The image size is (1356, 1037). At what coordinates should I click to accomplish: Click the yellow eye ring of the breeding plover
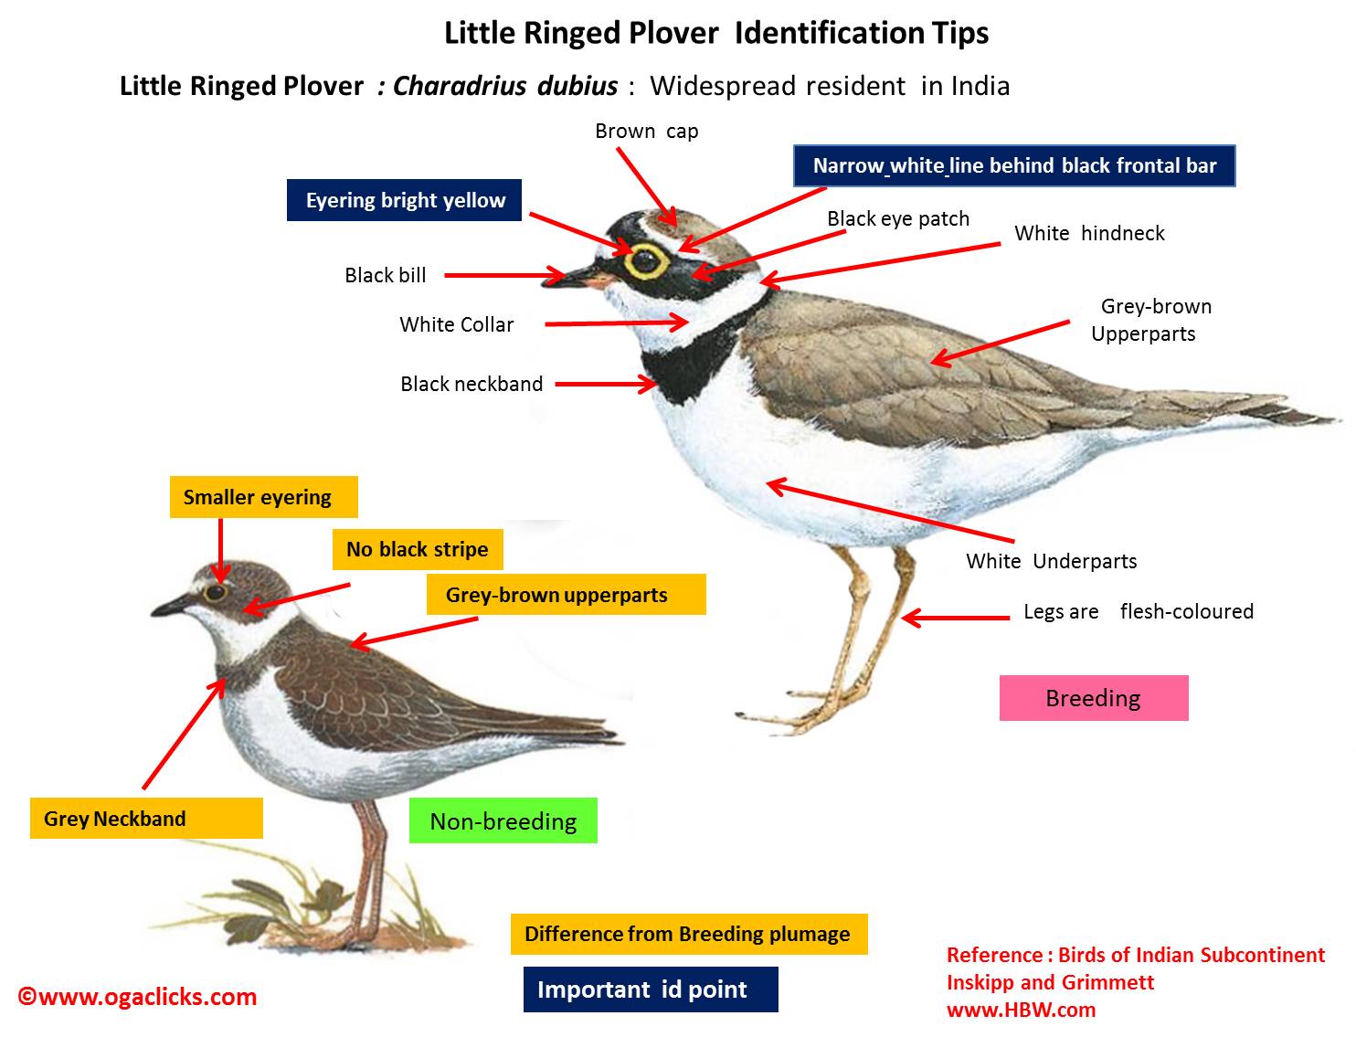pos(646,260)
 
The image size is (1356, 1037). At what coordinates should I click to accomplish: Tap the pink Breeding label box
pos(1093,699)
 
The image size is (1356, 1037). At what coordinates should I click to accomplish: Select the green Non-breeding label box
pos(503,821)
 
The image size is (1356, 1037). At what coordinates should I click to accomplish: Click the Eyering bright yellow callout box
pos(404,201)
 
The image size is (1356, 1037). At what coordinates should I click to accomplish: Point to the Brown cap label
pos(646,132)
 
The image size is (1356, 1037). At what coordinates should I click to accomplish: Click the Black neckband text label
pos(471,385)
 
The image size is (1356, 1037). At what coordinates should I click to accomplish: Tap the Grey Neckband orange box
pos(146,819)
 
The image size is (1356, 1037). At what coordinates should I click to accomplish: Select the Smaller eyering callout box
pos(263,498)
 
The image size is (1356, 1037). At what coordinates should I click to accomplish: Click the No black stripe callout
pos(417,550)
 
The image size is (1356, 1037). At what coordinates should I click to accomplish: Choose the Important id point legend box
pos(650,989)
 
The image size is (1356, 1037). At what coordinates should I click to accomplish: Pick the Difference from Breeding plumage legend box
pos(688,935)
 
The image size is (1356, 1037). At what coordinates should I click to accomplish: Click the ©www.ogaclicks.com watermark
pos(138,997)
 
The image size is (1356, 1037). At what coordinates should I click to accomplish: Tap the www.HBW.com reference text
pos(1021,1010)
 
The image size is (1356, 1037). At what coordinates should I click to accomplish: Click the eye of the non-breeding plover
pos(216,592)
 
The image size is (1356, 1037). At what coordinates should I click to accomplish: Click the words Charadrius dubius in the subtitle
pos(505,87)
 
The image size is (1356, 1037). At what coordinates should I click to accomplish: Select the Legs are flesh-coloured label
pos(1138,612)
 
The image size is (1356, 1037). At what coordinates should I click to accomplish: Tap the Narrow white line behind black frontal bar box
pos(1014,166)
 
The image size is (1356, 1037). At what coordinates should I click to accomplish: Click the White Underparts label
pos(1051,562)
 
